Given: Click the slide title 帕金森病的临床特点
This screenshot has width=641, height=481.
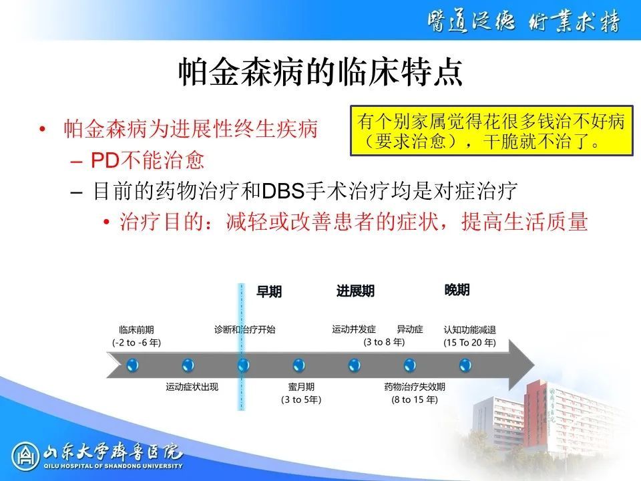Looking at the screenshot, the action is click(x=321, y=72).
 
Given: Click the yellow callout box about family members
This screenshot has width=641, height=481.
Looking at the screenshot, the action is click(x=492, y=130).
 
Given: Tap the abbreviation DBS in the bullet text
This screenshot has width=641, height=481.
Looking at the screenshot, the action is click(x=283, y=191).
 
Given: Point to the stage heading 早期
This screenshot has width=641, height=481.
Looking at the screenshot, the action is click(x=269, y=292).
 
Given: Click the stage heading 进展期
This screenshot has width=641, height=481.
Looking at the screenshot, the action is click(x=355, y=291).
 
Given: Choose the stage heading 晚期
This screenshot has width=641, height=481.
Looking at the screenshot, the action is click(x=457, y=289).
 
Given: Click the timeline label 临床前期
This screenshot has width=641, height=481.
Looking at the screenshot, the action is click(x=136, y=329).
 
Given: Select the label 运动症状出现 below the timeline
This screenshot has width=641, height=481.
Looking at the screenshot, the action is click(x=192, y=387).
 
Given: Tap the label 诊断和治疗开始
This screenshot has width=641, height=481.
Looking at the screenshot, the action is click(x=245, y=329).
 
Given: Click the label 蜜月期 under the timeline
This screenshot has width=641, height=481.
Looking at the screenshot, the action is click(x=301, y=387).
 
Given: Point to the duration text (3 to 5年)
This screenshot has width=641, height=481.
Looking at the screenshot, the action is click(x=301, y=399).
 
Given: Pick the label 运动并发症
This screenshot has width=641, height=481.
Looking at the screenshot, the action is click(x=354, y=329).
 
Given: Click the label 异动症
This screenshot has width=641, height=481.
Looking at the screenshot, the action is click(x=410, y=329).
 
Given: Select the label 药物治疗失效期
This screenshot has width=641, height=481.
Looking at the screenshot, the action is click(x=415, y=387).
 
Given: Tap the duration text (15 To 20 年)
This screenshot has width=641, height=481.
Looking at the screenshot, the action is click(x=469, y=342).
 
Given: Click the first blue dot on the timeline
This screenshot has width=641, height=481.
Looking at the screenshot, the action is click(x=132, y=365).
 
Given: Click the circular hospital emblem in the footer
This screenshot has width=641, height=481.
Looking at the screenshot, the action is click(x=25, y=456).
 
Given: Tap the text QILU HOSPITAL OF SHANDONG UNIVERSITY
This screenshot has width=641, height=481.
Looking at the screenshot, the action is click(x=114, y=466).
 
